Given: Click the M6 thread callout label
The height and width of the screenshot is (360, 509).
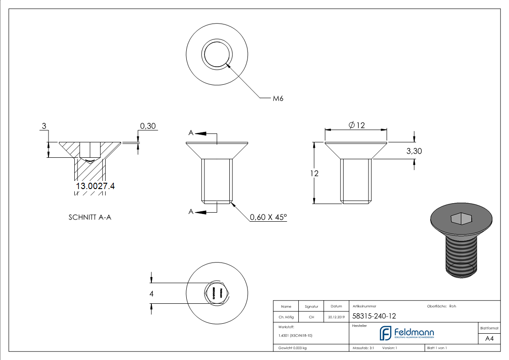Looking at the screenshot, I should click(x=278, y=98).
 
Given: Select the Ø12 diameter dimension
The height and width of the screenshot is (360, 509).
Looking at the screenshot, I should click(x=357, y=126).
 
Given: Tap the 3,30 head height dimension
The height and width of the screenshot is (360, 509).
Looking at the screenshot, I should click(x=414, y=151).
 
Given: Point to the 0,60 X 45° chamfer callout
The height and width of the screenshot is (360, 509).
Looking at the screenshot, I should click(x=268, y=217).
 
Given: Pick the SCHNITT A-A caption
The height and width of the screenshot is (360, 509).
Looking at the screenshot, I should click(x=90, y=217).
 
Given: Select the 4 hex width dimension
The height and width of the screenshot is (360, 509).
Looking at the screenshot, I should click(x=151, y=294).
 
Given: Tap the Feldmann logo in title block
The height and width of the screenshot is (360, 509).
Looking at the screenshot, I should click(x=407, y=333).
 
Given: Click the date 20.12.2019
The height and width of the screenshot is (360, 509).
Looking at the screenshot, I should click(x=336, y=317).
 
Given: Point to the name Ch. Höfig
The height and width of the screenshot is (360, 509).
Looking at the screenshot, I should click(x=286, y=317).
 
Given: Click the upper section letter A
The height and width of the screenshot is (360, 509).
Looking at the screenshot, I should click(x=191, y=133).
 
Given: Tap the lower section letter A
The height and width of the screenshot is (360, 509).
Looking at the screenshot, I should click(x=191, y=212).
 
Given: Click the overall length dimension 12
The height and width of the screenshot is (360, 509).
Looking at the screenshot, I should click(x=314, y=173).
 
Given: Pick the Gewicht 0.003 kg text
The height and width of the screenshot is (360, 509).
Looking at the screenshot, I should click(x=292, y=348).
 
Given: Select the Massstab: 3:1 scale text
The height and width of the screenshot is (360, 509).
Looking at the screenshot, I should click(x=363, y=348).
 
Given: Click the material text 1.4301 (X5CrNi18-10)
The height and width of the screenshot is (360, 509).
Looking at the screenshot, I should click(x=295, y=336).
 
